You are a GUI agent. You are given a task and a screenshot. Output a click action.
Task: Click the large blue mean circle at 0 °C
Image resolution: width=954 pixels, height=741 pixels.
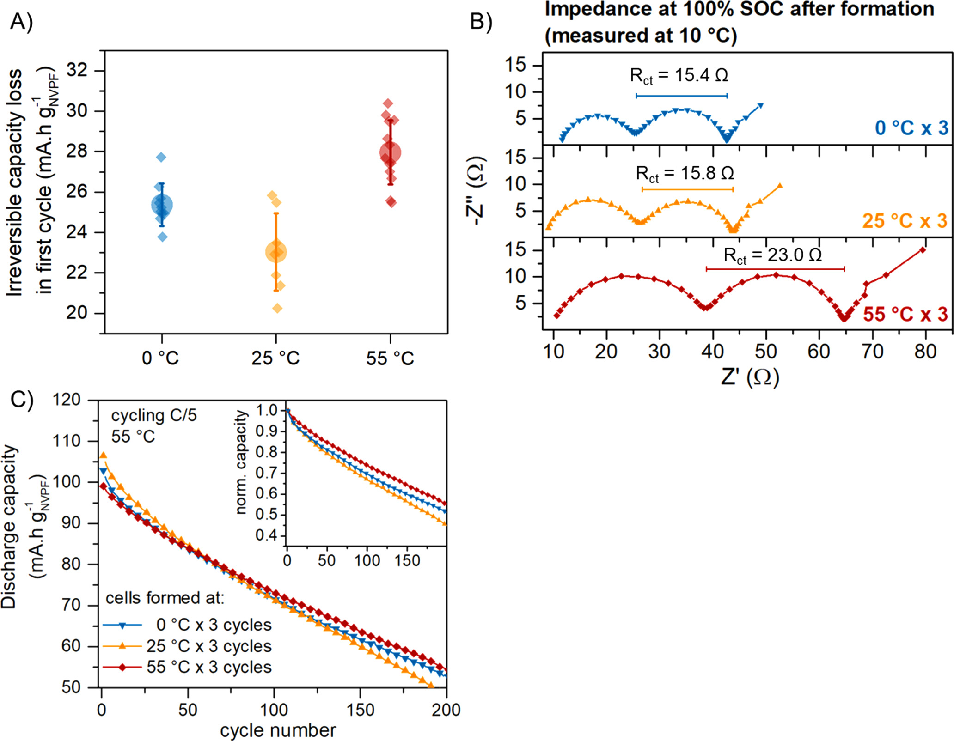coord(162,205)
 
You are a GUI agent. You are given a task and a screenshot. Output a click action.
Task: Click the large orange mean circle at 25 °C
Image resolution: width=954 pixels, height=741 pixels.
coord(276,252)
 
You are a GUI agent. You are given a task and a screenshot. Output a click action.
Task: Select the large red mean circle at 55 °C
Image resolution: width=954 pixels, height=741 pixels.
coord(390,152)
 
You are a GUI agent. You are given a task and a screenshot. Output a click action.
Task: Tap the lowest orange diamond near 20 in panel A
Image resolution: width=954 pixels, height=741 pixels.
coord(277,308)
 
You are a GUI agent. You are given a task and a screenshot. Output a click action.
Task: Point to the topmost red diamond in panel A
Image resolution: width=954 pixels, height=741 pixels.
coord(388,103)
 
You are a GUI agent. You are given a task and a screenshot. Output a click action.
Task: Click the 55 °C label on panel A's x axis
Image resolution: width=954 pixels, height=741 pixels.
coord(390,358)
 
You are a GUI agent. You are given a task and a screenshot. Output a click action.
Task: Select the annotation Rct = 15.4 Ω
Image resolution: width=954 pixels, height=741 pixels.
coord(679,75)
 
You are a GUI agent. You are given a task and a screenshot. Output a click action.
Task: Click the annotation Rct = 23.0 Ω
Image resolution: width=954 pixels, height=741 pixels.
coord(772,255)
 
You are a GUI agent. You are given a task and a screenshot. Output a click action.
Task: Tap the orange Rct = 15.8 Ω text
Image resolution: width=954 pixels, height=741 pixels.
coord(685,173)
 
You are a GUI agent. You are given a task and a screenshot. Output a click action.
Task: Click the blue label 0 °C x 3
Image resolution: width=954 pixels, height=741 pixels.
coord(911,128)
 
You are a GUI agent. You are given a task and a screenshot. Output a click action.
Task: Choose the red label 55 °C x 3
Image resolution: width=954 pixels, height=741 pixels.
coord(905,314)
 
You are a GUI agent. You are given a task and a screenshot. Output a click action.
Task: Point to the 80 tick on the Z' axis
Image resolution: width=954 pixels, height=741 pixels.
coord(925,352)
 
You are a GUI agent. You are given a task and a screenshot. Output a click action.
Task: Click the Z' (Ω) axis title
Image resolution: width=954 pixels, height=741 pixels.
coord(750,377)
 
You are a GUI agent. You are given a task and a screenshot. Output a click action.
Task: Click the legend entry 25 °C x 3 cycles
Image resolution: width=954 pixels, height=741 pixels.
coord(209,646)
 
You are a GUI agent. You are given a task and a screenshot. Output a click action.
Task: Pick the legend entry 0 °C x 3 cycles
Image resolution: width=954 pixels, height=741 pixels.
coord(214,625)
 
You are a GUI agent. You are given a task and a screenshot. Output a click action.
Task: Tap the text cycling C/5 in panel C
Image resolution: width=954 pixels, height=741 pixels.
coord(154,415)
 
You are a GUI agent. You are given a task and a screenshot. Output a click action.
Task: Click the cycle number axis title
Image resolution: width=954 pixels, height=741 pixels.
coord(278,730)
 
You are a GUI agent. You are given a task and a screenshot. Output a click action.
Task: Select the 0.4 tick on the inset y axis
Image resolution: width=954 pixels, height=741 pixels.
coord(267,535)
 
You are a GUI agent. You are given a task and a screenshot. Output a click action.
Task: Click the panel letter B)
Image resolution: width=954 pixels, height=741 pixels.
coord(481,22)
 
